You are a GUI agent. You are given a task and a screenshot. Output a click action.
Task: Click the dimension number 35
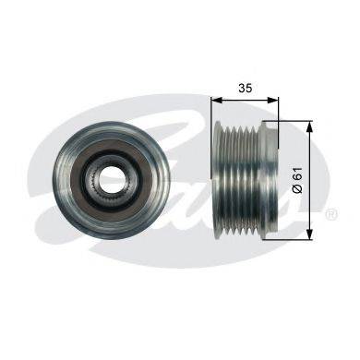[246, 88]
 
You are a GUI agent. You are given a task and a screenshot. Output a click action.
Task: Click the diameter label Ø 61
[298, 180]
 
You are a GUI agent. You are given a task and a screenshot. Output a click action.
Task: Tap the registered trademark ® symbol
[332, 213]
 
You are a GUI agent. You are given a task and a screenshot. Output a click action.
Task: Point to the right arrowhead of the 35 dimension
[272, 101]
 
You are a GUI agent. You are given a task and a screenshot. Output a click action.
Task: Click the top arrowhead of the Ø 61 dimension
[310, 126]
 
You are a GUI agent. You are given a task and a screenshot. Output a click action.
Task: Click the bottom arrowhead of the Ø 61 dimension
[310, 234]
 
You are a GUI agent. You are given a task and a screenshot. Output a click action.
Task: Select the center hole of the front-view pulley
[110, 177]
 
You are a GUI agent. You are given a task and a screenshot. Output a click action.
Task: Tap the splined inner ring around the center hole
[109, 178]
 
